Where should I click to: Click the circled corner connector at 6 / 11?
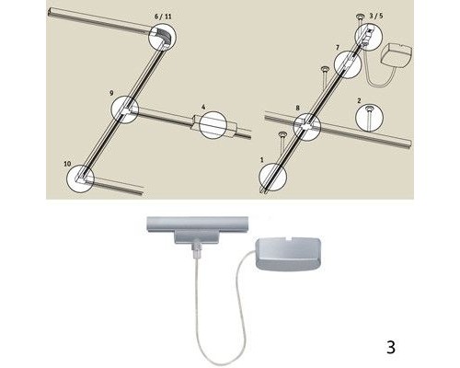pyautogui.click(x=161, y=38)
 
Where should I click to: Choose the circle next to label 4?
pyautogui.click(x=212, y=123)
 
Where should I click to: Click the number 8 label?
pyautogui.click(x=297, y=108)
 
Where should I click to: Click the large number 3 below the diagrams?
pyautogui.click(x=391, y=348)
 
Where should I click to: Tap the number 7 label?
pyautogui.click(x=338, y=44)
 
